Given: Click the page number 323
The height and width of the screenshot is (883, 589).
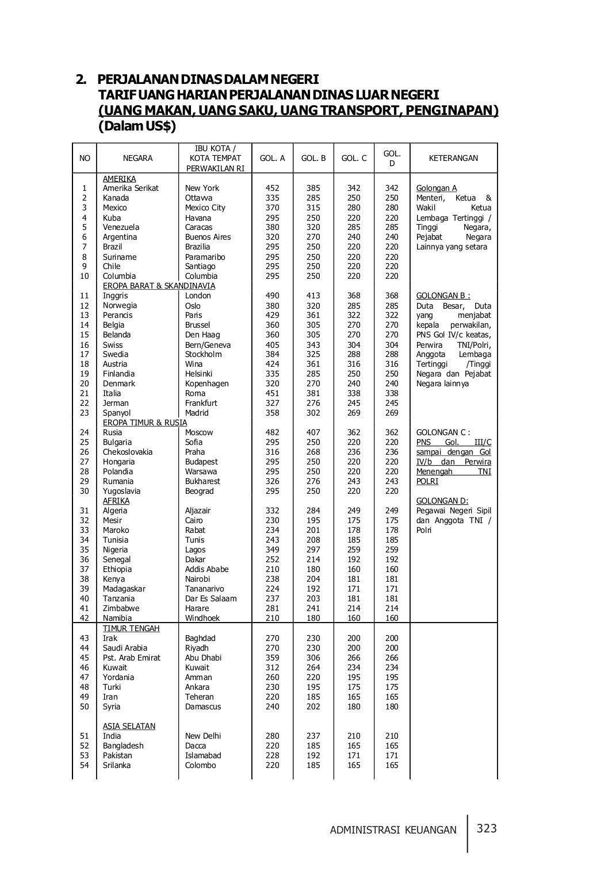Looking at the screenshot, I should pos(486,828).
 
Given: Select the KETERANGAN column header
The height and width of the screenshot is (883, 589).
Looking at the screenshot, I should pos(453,158).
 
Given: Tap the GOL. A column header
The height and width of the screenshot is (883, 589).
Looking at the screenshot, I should pos(272,158).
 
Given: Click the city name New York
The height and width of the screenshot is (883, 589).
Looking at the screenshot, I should pos(202,188).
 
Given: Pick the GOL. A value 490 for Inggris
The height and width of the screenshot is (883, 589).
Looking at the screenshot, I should pos(272,295).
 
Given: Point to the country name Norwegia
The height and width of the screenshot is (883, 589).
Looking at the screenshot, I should pos(120,305).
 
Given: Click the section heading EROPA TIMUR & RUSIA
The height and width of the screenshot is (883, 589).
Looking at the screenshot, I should pos(144,423).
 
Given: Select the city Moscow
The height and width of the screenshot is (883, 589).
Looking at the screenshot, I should pos(199,432).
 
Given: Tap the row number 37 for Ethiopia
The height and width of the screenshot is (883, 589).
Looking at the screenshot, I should pos(85,569).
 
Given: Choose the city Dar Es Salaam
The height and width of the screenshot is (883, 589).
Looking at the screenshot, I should pos(211,598).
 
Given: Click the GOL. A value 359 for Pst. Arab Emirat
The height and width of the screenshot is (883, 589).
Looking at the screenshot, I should pos(272,658).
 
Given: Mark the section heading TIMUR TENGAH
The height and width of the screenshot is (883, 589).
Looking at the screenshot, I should pos(131,628).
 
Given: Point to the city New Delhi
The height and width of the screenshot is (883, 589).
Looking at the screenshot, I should pos(203,736).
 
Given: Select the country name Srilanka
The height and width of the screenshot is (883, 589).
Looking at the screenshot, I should pos(117,765).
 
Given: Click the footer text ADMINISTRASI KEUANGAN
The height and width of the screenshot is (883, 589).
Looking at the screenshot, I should pos(393,830).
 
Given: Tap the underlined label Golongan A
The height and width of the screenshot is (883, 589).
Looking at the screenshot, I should pos(437,188).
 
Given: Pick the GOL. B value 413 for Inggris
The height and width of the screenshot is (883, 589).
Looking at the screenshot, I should pos(313,295).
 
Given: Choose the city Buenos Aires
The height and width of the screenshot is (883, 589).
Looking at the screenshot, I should pos(208,237).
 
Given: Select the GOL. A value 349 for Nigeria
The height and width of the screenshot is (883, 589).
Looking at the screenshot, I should pos(272,550).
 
